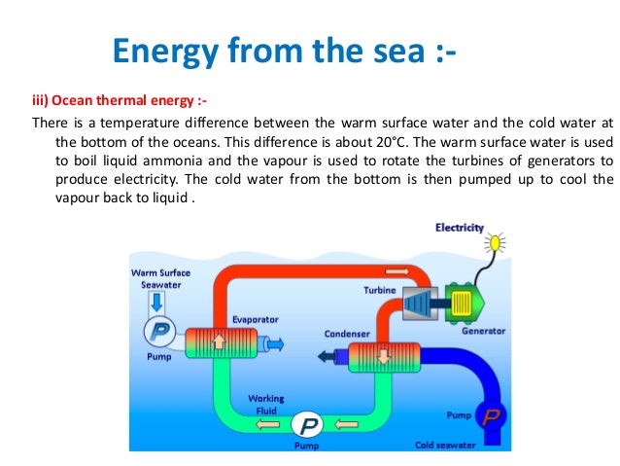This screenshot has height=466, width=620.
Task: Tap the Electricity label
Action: [459, 228]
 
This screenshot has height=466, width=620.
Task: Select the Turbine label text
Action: [379, 290]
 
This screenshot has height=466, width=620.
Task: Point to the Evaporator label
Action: [256, 318]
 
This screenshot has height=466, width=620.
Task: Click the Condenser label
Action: [346, 334]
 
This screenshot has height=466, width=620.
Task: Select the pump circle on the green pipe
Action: [308, 425]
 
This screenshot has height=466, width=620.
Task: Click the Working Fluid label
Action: [265, 404]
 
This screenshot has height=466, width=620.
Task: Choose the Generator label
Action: [483, 330]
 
